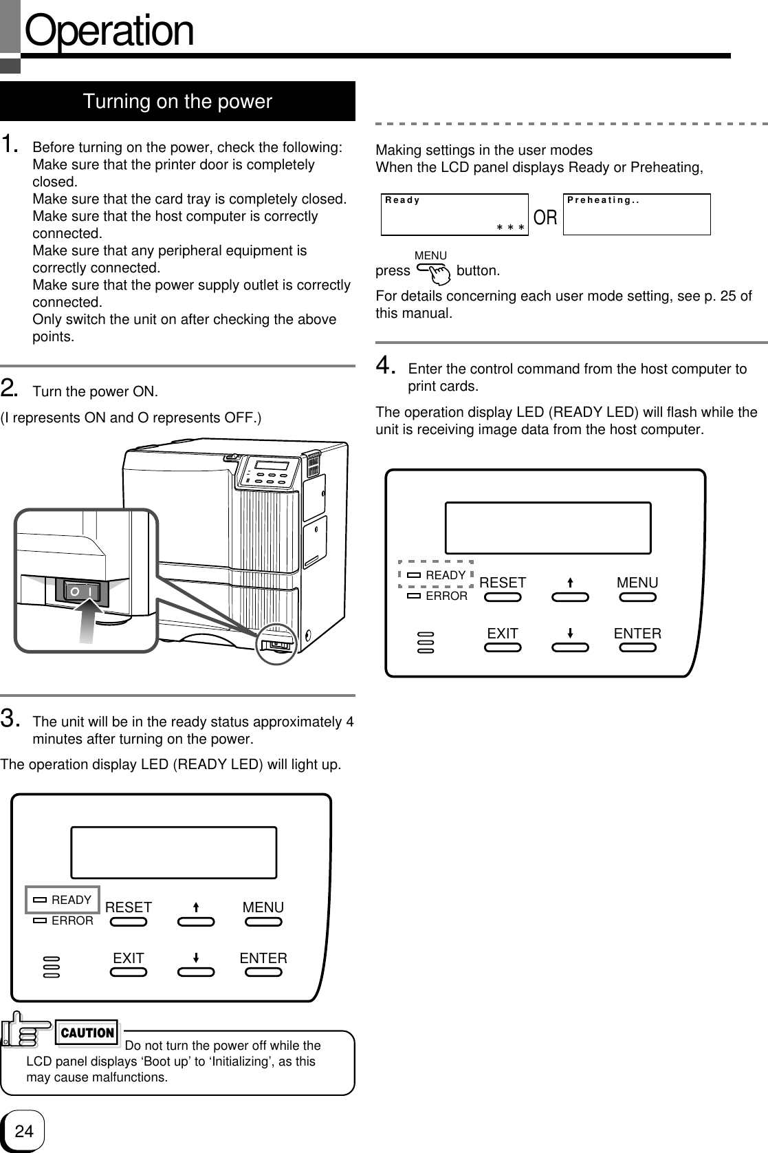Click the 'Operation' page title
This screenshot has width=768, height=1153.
pyautogui.click(x=109, y=31)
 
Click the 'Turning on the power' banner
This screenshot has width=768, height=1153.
pyautogui.click(x=177, y=102)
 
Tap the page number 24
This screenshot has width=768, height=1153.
pyautogui.click(x=24, y=1130)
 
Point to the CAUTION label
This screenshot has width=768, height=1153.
pyautogui.click(x=87, y=1033)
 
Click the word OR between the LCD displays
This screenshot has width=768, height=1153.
pyautogui.click(x=545, y=218)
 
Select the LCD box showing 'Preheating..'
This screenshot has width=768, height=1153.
pyautogui.click(x=636, y=214)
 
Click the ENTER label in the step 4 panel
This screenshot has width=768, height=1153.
pyautogui.click(x=637, y=634)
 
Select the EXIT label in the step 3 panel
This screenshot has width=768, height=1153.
pyautogui.click(x=129, y=958)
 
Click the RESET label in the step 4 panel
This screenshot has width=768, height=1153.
pyautogui.click(x=503, y=583)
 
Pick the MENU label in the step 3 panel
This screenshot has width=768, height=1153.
pyautogui.click(x=263, y=907)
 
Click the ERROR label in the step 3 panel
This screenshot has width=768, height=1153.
pyautogui.click(x=72, y=920)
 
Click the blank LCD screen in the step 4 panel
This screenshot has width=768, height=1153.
pyautogui.click(x=548, y=528)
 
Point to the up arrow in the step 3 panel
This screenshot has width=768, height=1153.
pyautogui.click(x=196, y=907)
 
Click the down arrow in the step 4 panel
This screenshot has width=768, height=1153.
pyautogui.click(x=571, y=633)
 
